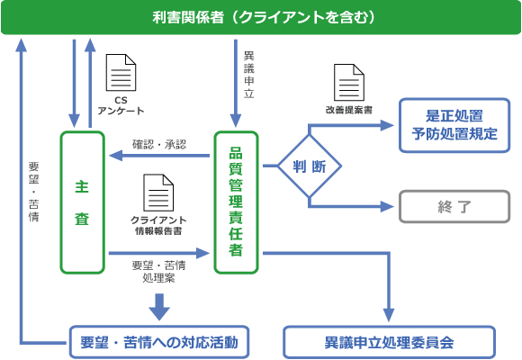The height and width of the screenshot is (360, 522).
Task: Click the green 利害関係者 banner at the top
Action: tap(261, 17)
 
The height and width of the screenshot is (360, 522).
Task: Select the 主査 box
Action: tap(83, 202)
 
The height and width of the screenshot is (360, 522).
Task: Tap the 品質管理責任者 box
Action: tap(236, 202)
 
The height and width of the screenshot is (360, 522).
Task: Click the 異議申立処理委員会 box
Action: tap(389, 343)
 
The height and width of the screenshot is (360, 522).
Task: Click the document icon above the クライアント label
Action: tap(158, 193)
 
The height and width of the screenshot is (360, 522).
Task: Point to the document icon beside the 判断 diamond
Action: tap(349, 84)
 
